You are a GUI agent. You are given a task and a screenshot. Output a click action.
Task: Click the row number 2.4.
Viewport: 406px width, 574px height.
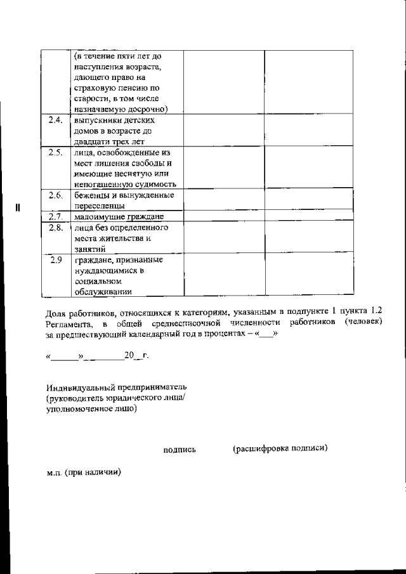54,121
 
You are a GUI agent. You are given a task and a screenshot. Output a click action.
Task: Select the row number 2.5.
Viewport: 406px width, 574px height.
54,153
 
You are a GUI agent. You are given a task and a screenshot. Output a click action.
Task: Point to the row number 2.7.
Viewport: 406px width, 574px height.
54,217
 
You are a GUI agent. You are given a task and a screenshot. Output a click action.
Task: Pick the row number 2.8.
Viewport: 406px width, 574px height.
54,228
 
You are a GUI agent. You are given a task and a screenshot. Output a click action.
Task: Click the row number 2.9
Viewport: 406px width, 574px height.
55,259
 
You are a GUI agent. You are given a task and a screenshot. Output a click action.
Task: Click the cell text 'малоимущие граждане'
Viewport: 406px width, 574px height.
115,217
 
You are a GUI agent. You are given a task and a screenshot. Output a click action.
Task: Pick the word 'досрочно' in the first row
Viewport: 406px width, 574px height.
148,109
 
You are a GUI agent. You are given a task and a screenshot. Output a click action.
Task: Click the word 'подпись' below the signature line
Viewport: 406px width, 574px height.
180,450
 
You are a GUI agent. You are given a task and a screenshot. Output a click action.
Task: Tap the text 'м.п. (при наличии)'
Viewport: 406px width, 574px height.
83,473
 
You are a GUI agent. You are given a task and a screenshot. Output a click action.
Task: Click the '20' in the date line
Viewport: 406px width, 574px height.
129,356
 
